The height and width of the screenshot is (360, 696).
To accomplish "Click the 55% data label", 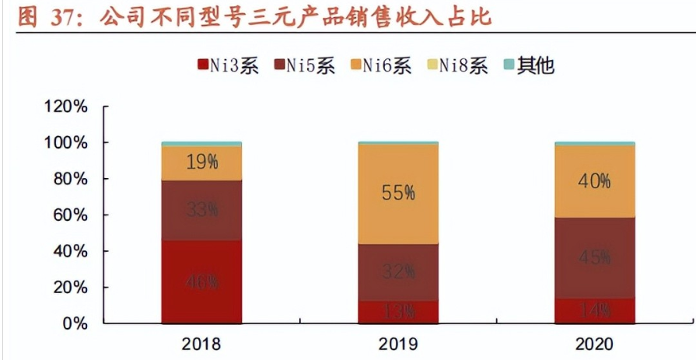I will [x=398, y=194].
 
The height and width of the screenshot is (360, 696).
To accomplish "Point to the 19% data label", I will [x=201, y=163].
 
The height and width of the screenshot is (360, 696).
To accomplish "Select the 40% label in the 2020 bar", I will [x=595, y=180].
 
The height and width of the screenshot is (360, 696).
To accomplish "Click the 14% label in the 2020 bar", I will [x=595, y=311].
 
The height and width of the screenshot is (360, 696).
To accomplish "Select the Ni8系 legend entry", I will [x=458, y=65].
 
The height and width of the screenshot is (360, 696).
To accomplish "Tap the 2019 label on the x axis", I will [x=398, y=344].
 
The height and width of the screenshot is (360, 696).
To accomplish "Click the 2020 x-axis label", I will [x=595, y=344].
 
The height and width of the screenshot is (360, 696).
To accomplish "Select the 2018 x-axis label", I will [x=201, y=344].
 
